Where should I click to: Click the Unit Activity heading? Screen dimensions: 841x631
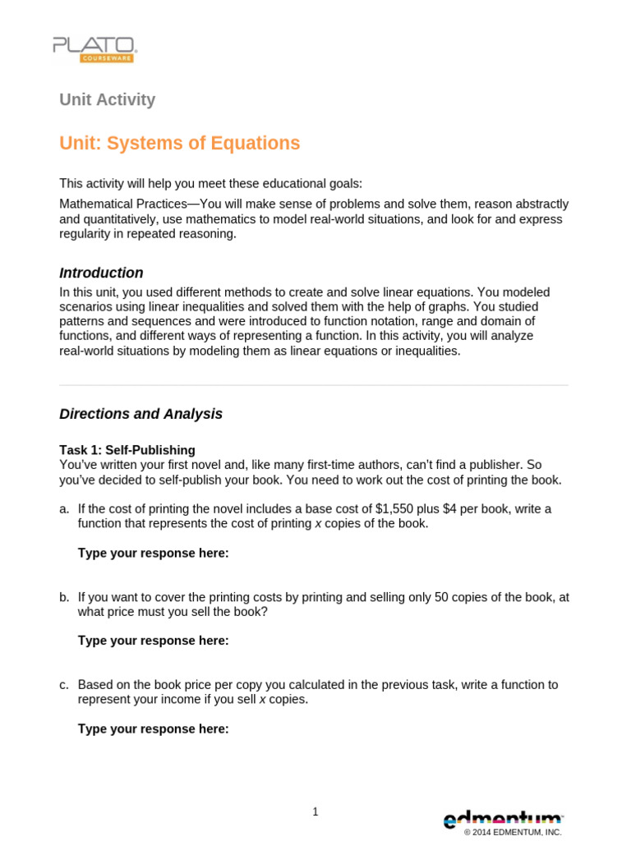(107, 100)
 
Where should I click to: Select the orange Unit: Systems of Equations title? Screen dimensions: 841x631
(179, 144)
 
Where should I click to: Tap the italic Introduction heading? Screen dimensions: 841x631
(101, 273)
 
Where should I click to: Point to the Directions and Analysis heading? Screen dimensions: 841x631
(140, 414)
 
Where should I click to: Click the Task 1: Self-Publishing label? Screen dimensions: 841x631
(127, 450)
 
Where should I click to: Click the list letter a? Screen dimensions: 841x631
(63, 509)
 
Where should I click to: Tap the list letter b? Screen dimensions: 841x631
(63, 597)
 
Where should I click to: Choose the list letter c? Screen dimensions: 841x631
(63, 685)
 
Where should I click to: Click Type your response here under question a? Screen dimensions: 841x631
(153, 553)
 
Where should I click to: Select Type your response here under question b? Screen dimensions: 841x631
(153, 641)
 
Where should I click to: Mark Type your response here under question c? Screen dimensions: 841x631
(153, 728)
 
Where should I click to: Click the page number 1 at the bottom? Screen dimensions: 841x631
(315, 812)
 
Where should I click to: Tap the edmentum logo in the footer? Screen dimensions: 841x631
(503, 818)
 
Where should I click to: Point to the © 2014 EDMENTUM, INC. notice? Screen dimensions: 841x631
(513, 833)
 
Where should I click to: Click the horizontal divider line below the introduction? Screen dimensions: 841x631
(314, 385)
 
